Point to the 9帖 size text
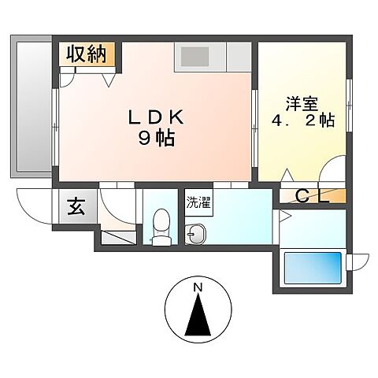[x=157, y=139]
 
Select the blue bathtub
[x=312, y=268]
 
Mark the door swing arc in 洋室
[x=333, y=172]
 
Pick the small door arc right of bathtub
[x=359, y=259]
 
